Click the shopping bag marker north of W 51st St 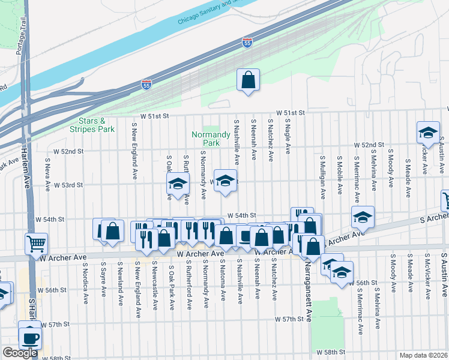(x=249, y=80)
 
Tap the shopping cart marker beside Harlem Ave (x=36, y=244)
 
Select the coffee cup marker (x=29, y=337)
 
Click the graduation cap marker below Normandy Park (x=225, y=181)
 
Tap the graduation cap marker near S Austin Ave (x=428, y=133)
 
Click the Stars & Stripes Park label (x=92, y=125)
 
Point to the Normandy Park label (x=211, y=139)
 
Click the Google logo (x=20, y=353)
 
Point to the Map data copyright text (x=424, y=355)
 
